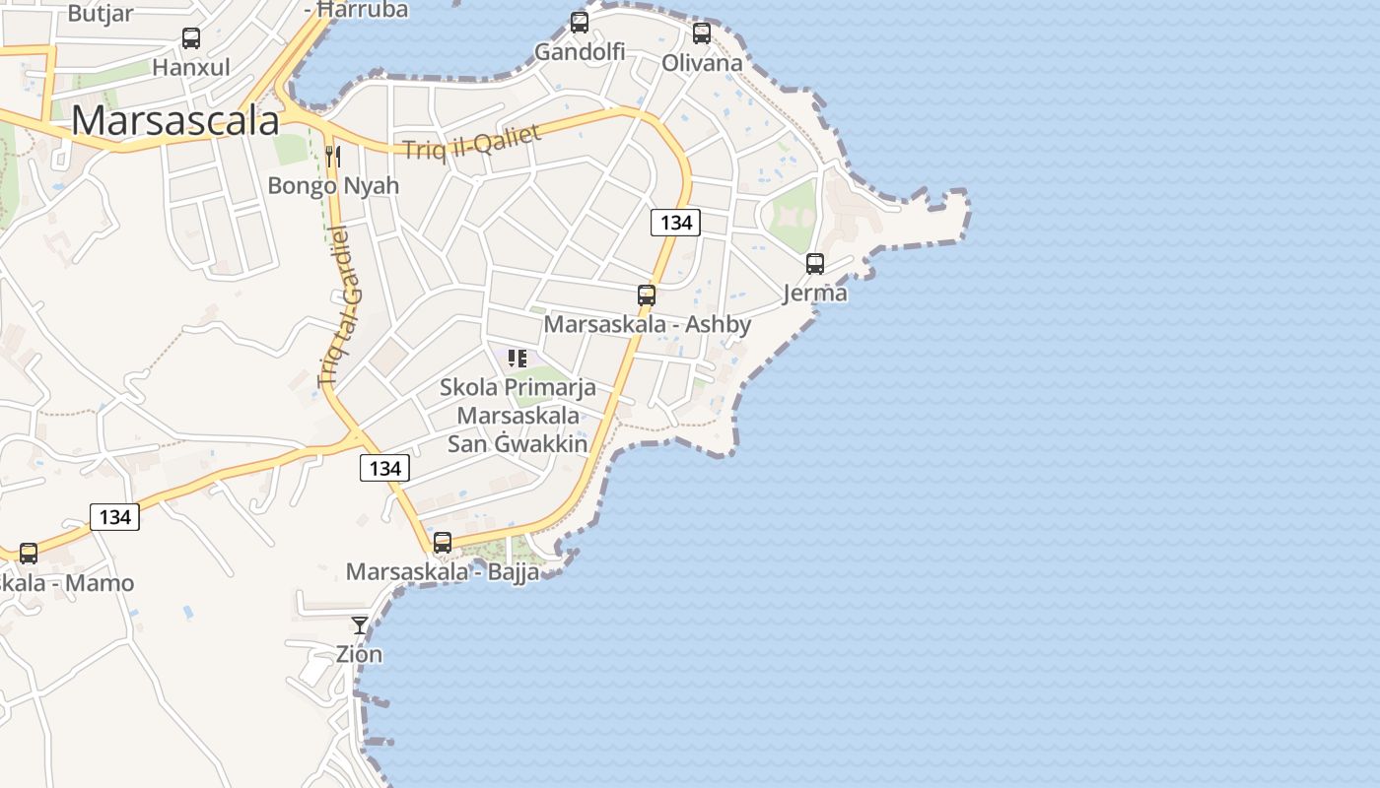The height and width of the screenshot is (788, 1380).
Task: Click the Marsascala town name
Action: pyautogui.click(x=175, y=120)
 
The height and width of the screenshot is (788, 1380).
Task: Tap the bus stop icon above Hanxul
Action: pyautogui.click(x=191, y=38)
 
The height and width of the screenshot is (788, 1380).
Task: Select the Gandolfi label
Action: pyautogui.click(x=580, y=50)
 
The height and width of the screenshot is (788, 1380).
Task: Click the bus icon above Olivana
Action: pyautogui.click(x=702, y=33)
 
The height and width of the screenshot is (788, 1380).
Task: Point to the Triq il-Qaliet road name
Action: pyautogui.click(x=471, y=142)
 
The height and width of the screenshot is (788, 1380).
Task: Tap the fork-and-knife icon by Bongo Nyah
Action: pyautogui.click(x=333, y=156)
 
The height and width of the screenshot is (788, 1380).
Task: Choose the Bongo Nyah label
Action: pyautogui.click(x=333, y=185)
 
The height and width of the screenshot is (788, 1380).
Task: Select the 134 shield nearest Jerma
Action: pyautogui.click(x=675, y=222)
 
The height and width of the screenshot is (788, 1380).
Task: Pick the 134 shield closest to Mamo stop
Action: pyautogui.click(x=114, y=516)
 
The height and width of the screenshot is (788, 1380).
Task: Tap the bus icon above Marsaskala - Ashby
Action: pyautogui.click(x=647, y=295)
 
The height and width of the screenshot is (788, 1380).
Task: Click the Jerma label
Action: pyautogui.click(x=814, y=293)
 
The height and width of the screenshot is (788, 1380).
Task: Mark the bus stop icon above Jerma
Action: pyautogui.click(x=815, y=263)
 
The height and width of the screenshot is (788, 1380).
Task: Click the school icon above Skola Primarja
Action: pyautogui.click(x=517, y=358)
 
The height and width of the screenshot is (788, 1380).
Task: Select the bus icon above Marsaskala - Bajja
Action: pyautogui.click(x=443, y=542)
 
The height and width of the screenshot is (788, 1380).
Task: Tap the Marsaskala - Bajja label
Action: pyautogui.click(x=443, y=571)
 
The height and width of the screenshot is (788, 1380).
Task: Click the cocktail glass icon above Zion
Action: pyautogui.click(x=360, y=624)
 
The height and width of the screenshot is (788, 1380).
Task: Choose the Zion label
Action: pyautogui.click(x=359, y=653)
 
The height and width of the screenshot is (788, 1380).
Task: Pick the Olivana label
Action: pyautogui.click(x=702, y=63)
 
